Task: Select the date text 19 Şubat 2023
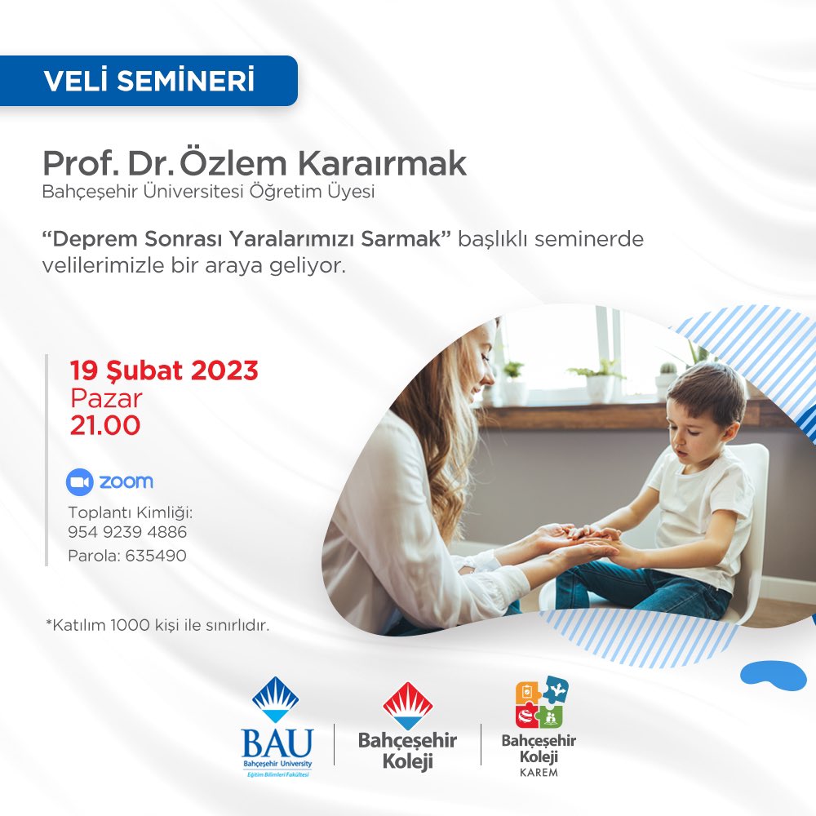[164, 371]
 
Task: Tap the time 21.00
[104, 425]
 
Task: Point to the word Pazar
[106, 398]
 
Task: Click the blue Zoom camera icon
[79, 482]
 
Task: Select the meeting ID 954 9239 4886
[127, 532]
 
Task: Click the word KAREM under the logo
[539, 772]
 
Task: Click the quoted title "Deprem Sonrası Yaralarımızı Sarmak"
[247, 241]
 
